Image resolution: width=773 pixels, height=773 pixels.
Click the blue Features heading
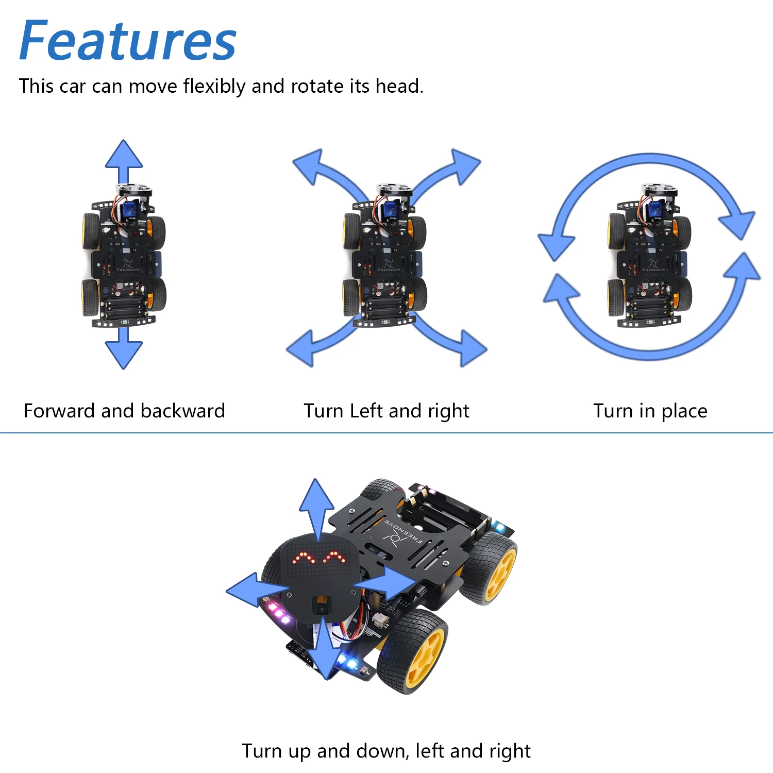coord(128,41)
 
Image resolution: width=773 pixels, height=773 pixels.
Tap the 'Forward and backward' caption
coord(124,411)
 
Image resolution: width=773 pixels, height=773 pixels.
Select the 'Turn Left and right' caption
coord(386,411)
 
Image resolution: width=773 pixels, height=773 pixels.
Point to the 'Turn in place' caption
coord(650,411)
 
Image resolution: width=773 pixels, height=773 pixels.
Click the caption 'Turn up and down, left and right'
coord(386,751)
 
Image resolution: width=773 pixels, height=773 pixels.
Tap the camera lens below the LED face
coord(322,608)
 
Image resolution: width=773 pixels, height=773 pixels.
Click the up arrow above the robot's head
coord(316,505)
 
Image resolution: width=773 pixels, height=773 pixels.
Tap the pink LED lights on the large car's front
coord(279,613)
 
